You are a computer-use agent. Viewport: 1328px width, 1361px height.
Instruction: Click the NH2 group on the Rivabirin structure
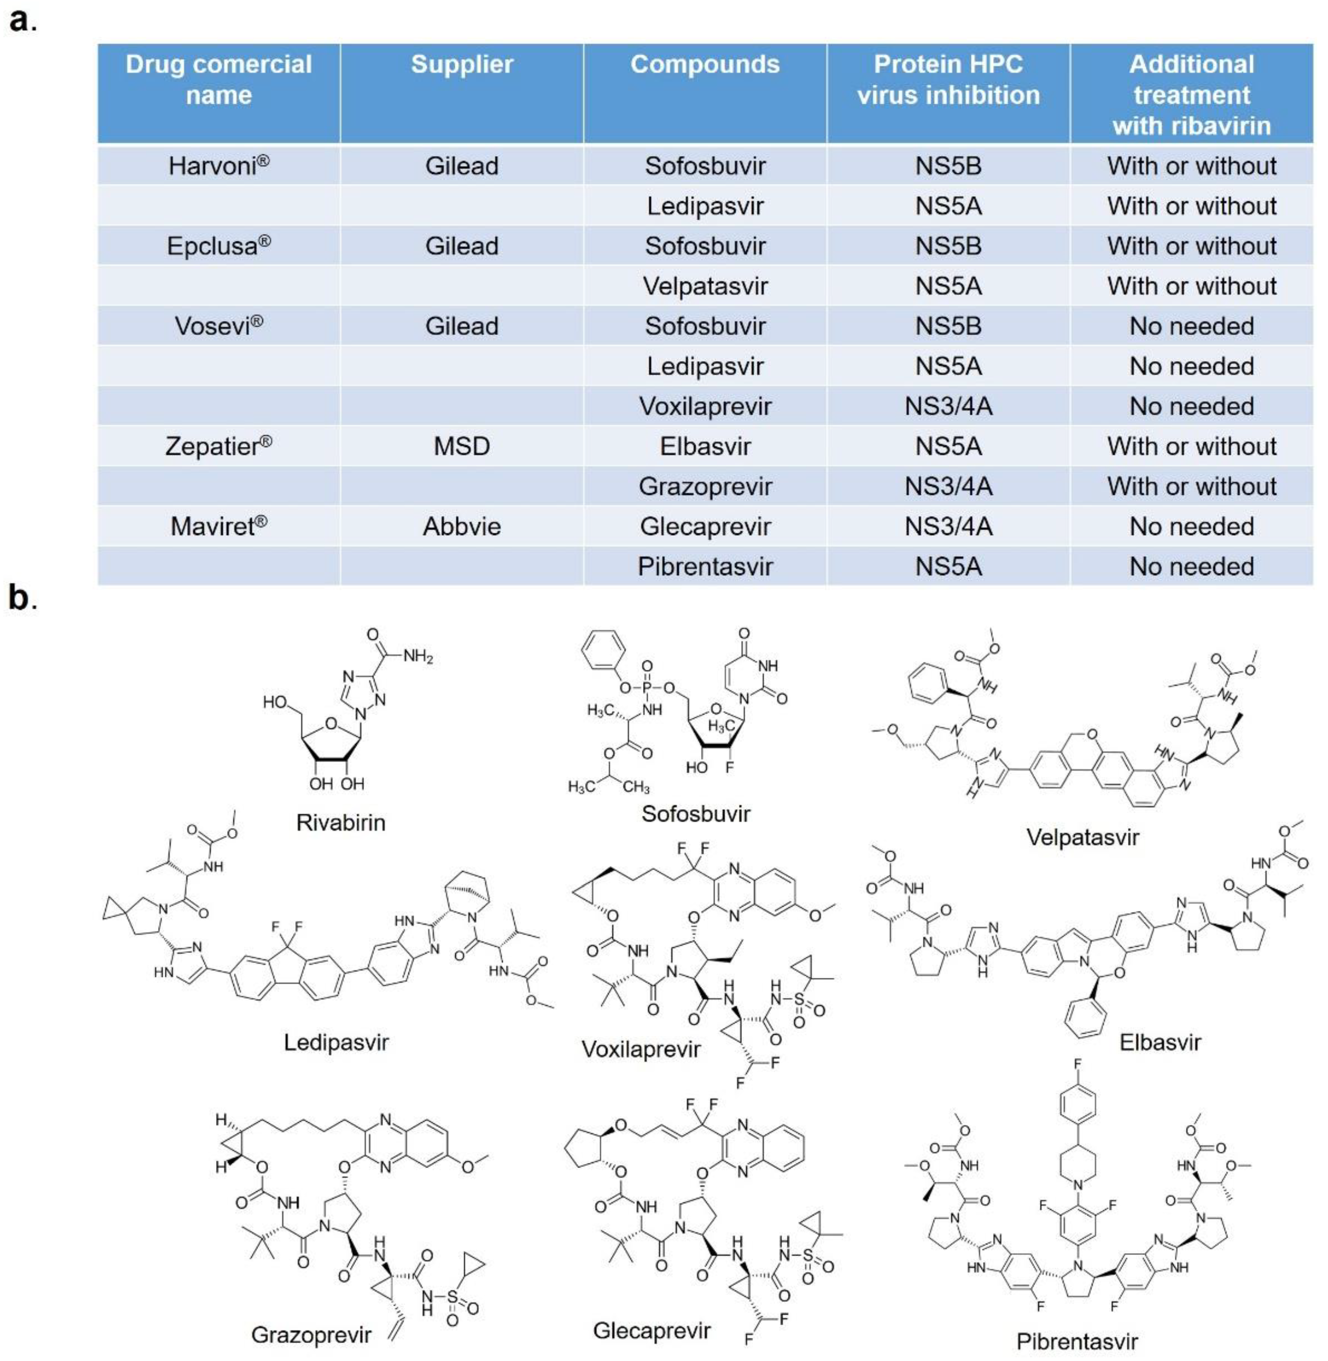(x=418, y=656)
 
